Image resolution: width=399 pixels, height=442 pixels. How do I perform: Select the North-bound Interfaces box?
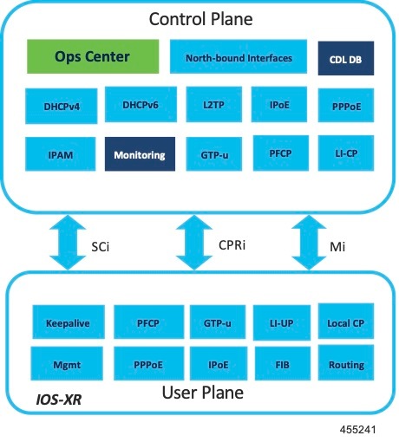238,58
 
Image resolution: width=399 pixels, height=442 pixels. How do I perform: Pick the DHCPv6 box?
134,105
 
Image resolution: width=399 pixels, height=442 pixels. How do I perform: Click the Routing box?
346,364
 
